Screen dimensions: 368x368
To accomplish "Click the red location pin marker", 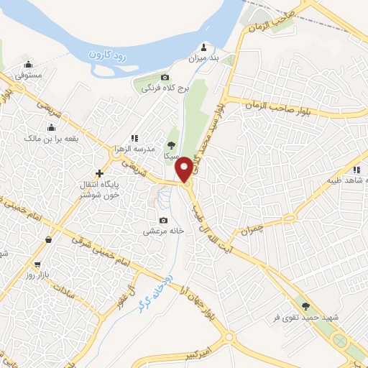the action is coord(185,169).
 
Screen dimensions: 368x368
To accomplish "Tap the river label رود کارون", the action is coord(109,55).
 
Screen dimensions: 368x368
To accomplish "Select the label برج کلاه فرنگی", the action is coord(164,88).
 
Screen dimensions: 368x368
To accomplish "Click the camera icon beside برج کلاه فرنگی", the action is coord(165,77).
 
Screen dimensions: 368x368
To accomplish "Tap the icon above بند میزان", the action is coord(206,45).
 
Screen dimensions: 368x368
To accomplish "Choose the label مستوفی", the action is coord(29,74).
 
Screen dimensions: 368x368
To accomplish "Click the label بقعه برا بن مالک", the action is coord(49,136).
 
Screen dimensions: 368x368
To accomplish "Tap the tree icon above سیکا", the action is coord(170,144).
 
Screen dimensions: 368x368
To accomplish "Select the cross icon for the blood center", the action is coord(99,173).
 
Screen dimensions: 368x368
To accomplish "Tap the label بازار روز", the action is coord(36,275).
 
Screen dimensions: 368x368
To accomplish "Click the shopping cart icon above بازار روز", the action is coord(37,264).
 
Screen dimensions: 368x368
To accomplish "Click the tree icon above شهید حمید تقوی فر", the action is coord(305,305).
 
